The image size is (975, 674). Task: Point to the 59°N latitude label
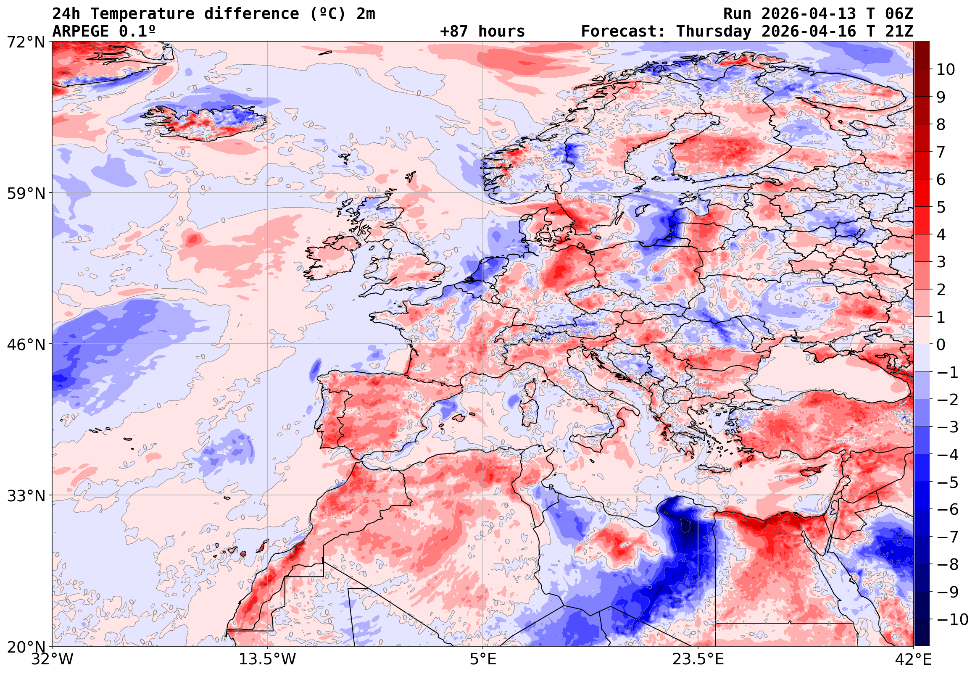26,193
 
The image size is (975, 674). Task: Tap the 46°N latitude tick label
26,345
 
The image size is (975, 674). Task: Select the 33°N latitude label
26,496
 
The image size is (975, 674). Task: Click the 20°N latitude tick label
26,647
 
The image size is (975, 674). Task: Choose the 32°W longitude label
52,660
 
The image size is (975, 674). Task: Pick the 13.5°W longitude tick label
268,660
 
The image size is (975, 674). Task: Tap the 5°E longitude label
483,660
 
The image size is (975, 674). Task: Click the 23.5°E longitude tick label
698,660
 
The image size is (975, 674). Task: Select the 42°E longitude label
913,660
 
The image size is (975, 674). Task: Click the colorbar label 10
946,70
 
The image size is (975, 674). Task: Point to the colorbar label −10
952,619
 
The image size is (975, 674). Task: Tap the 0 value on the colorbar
941,345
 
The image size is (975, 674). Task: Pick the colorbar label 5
941,207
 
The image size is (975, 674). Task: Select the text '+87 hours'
482,32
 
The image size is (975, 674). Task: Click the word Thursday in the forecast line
714,32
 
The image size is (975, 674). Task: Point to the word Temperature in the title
142,14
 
